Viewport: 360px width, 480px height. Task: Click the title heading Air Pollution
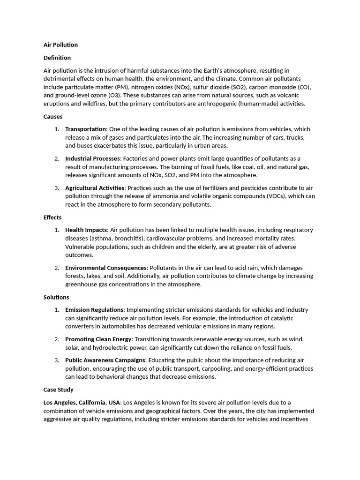click(x=60, y=45)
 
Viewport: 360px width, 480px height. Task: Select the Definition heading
click(x=57, y=58)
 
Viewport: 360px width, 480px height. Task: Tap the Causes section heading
click(x=53, y=116)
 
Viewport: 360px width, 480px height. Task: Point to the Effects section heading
click(x=52, y=217)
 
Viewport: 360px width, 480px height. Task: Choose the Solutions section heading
click(x=56, y=297)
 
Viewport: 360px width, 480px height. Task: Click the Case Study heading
click(x=59, y=390)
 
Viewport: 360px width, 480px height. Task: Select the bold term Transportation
click(x=86, y=129)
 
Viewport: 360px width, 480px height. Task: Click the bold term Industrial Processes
click(x=93, y=158)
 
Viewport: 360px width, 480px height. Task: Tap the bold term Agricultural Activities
click(x=95, y=188)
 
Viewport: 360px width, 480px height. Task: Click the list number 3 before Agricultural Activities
click(x=56, y=188)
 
